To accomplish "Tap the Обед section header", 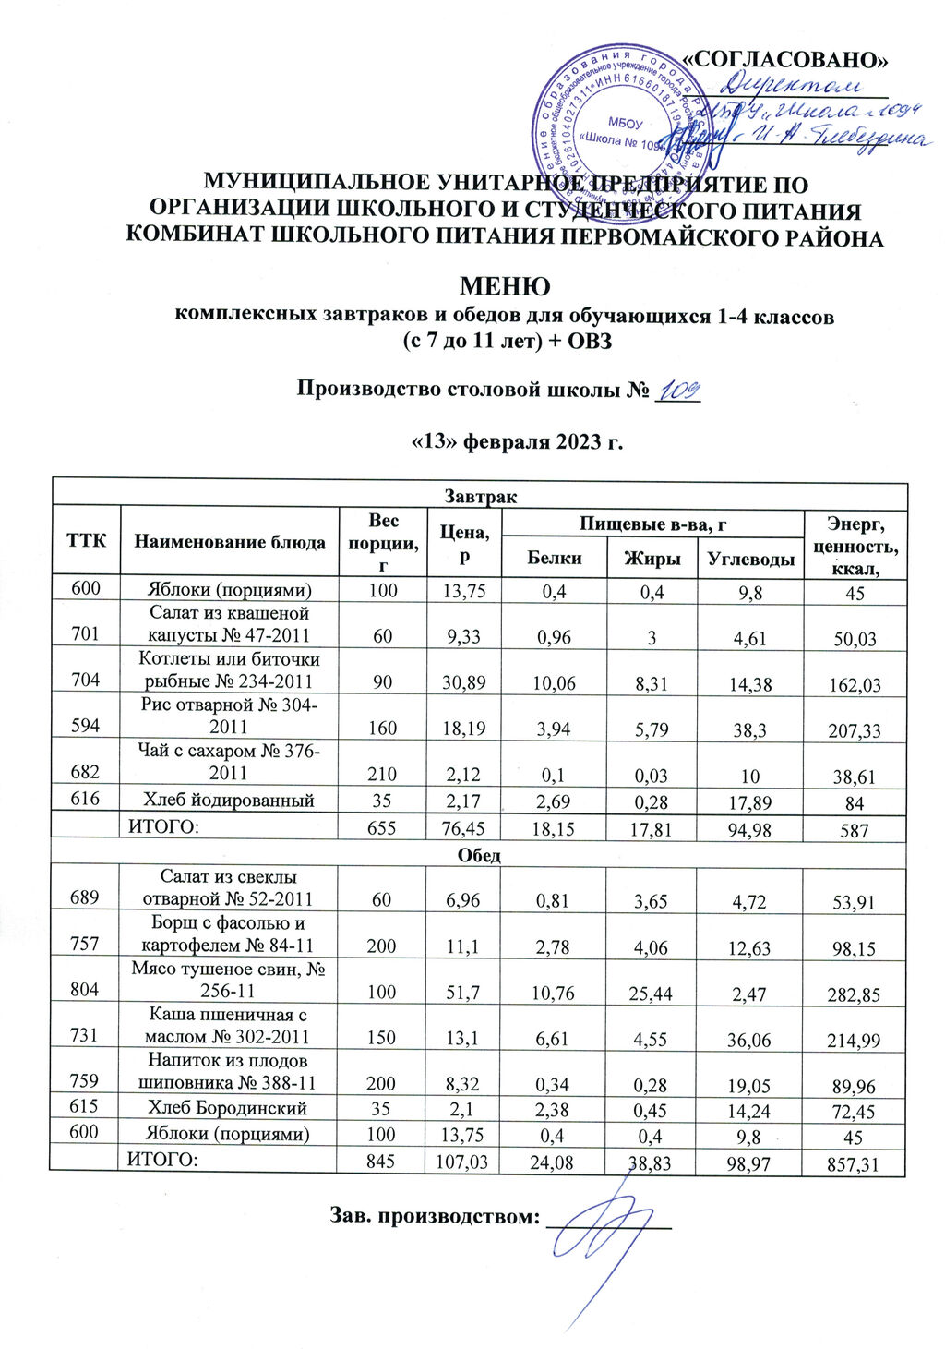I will coord(479,855).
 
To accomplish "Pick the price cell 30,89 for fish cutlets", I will coord(466,683).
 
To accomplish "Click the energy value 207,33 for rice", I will coord(855,730).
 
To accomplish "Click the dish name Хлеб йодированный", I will coord(230,800).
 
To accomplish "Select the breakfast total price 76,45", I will coord(466,829).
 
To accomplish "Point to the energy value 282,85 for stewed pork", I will coord(854,995).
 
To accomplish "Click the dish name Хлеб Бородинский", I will coord(230,1107).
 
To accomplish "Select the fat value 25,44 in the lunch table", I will coord(651,994).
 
